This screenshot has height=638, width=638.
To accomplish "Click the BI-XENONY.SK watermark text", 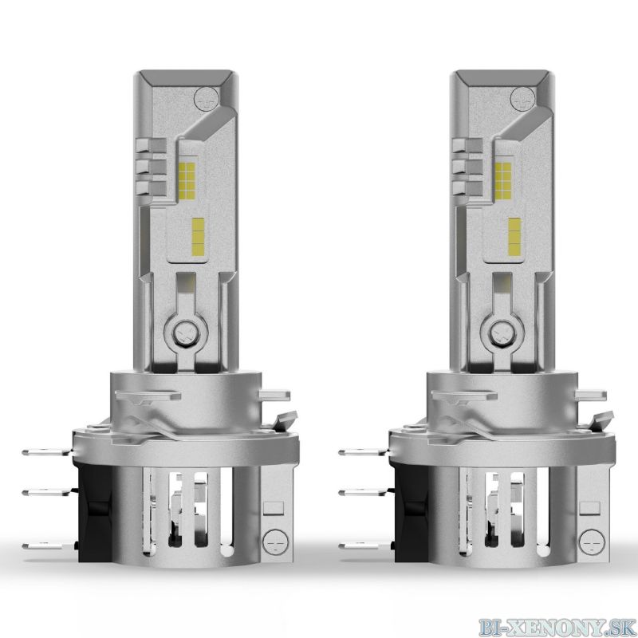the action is tap(557, 628).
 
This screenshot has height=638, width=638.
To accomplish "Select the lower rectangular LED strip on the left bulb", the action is tap(198, 236).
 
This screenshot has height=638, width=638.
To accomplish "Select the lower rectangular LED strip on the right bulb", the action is tap(514, 236).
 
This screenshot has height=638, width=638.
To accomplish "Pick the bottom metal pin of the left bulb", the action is tap(45, 546).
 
